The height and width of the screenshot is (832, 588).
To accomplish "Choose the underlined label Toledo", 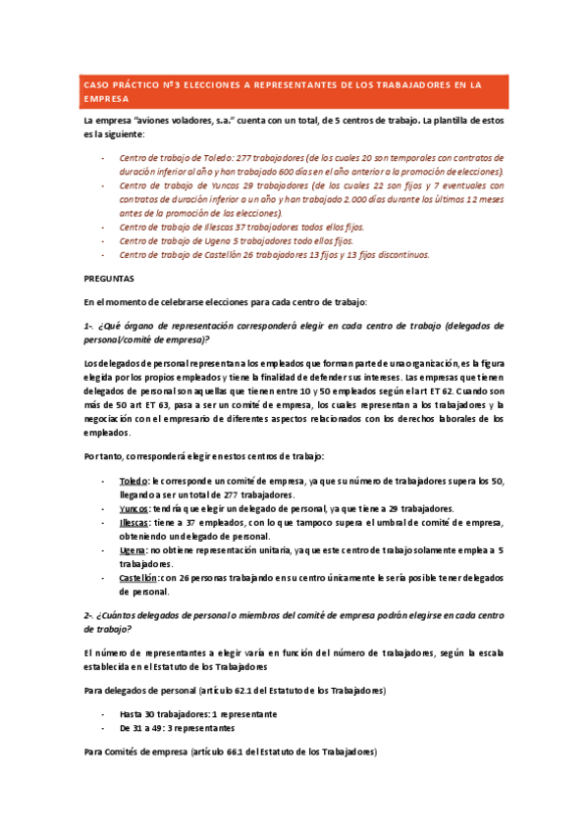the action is [134, 482].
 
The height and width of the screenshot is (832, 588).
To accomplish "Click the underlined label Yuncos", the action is [134, 509].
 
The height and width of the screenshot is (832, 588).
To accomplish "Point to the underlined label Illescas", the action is [135, 524].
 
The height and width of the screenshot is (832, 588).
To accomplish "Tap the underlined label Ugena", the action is [134, 551].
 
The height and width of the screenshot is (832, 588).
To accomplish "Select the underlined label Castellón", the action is [138, 579].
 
